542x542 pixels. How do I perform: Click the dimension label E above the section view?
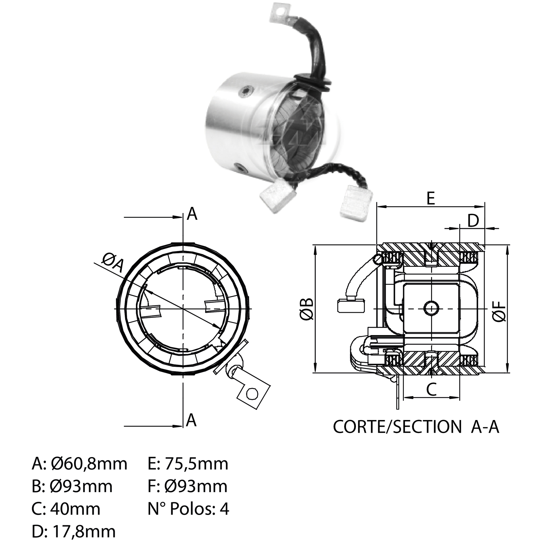431,198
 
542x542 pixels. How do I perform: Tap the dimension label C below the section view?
431,389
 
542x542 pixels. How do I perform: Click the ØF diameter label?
500,311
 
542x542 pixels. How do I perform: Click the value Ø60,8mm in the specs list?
89,464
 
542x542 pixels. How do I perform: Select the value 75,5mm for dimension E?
196,464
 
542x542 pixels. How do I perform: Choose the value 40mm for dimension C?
75,509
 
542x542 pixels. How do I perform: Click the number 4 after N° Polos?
224,509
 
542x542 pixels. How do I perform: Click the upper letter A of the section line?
192,214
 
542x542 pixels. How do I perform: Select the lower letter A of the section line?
191,420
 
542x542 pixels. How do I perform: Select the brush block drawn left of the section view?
351,306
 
